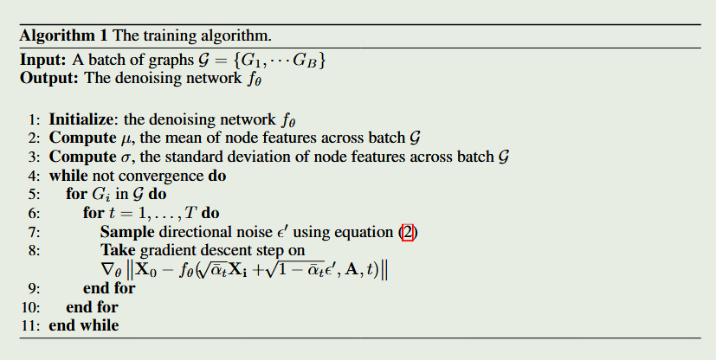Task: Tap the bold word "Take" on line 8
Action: click(x=118, y=251)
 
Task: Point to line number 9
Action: click(x=33, y=288)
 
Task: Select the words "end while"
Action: click(x=83, y=325)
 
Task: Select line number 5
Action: click(x=33, y=195)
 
